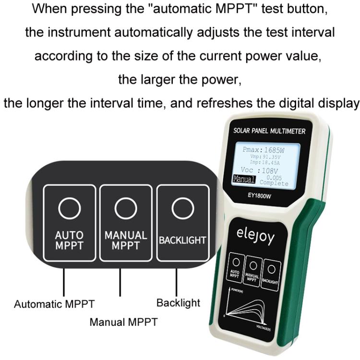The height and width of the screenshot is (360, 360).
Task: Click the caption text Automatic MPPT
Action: tap(54, 304)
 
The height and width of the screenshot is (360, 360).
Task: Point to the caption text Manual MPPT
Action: tap(123, 322)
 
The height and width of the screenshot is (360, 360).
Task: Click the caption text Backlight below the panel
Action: tap(178, 303)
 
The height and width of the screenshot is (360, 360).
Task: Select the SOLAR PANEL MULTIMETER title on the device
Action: tap(269, 131)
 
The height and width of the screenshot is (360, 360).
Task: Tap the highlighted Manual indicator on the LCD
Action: tap(244, 179)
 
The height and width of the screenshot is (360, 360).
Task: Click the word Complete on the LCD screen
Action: tap(274, 183)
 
